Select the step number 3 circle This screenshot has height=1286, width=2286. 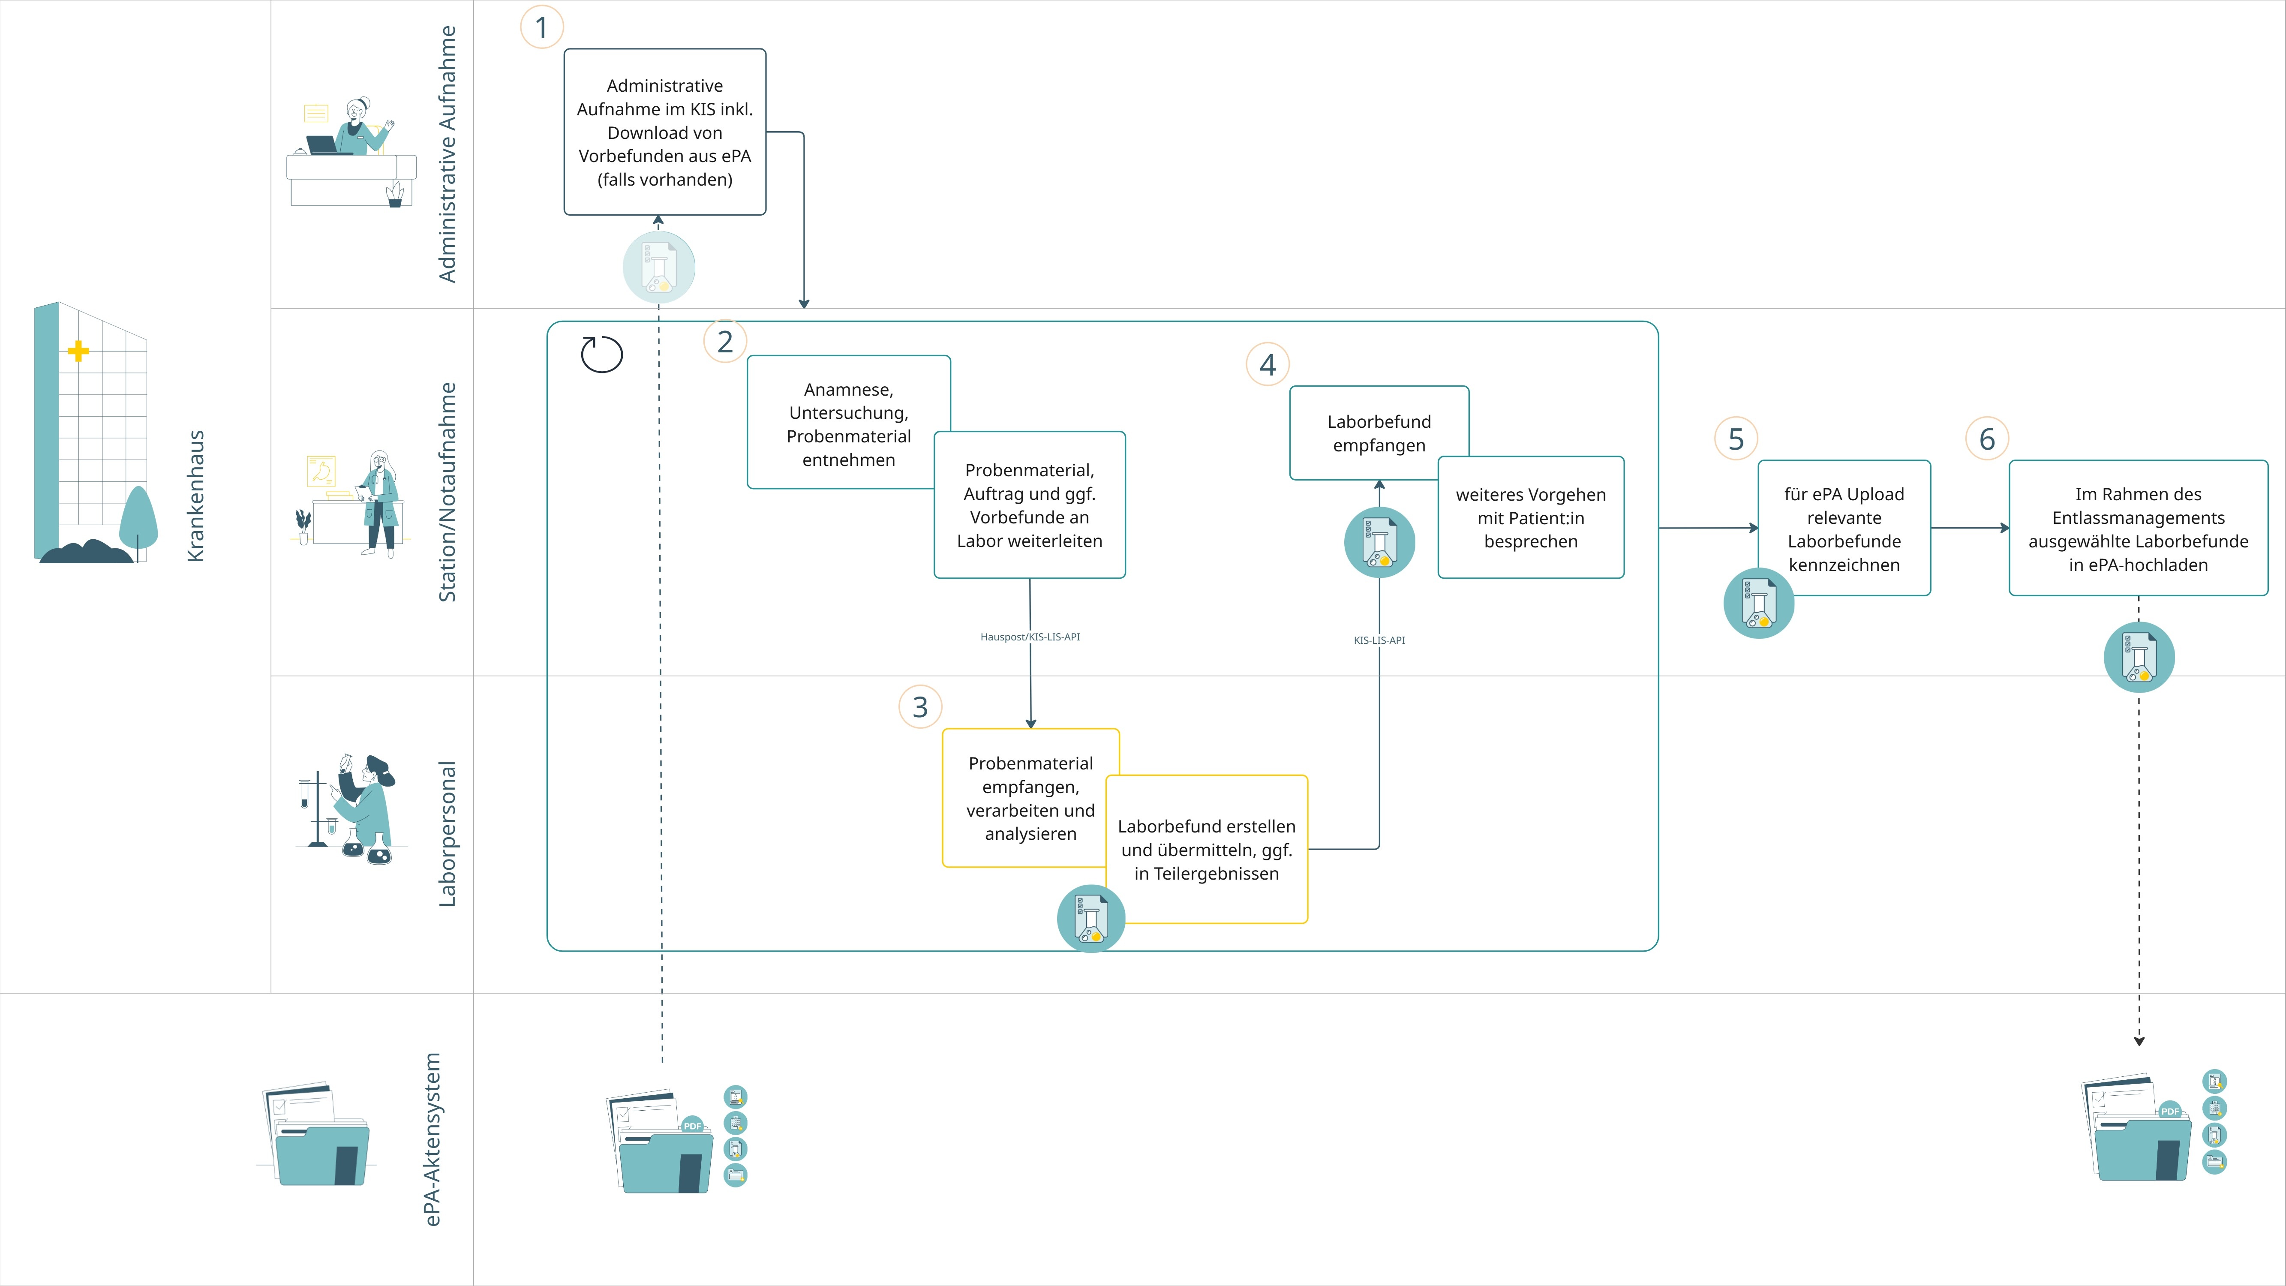pyautogui.click(x=920, y=706)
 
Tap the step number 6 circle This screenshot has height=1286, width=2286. pyautogui.click(x=1987, y=439)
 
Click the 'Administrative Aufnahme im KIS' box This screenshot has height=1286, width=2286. pyautogui.click(x=665, y=131)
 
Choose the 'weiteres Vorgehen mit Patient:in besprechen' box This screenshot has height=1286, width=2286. pyautogui.click(x=1531, y=517)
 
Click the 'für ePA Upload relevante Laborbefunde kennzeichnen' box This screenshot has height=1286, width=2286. pyautogui.click(x=1844, y=528)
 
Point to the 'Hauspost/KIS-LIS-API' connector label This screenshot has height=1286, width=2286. pyautogui.click(x=1030, y=636)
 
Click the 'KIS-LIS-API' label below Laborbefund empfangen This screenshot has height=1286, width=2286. pyautogui.click(x=1379, y=640)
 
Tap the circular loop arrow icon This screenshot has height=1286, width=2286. pyautogui.click(x=602, y=354)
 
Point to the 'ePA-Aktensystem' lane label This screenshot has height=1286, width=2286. pyautogui.click(x=432, y=1139)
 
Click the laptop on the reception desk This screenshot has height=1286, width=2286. pyautogui.click(x=323, y=144)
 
